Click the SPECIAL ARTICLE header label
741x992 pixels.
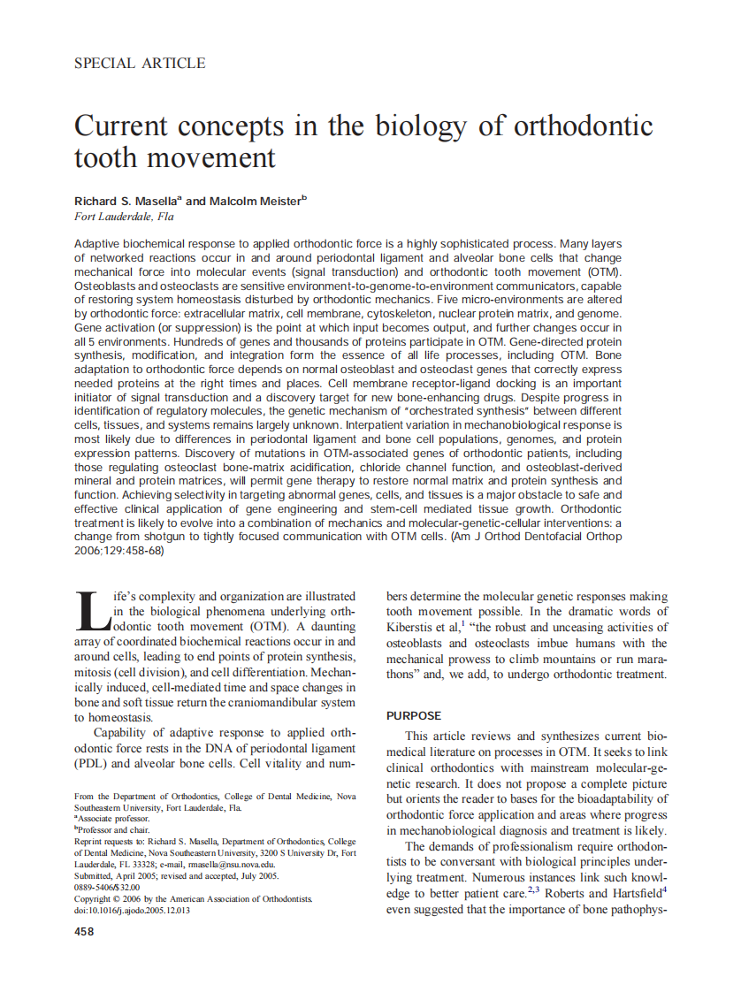[x=140, y=64]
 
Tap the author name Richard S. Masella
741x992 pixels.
[x=126, y=202]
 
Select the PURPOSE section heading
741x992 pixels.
[x=414, y=715]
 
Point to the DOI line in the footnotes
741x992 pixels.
[x=132, y=911]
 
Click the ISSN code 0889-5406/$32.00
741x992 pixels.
[x=107, y=888]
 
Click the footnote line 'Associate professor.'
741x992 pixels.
[x=113, y=819]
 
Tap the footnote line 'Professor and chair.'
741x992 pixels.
[x=113, y=830]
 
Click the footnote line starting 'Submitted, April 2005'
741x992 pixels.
[x=176, y=876]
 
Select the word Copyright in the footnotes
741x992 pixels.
[x=95, y=899]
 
